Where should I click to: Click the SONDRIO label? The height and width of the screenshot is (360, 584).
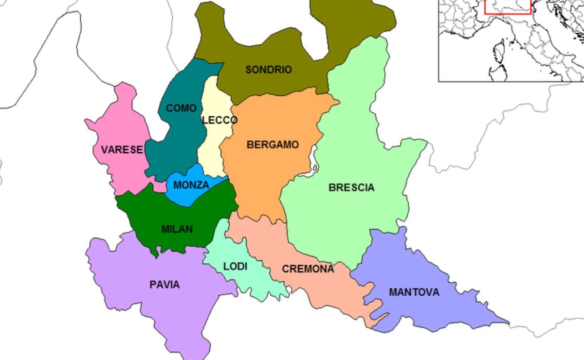click(269, 70)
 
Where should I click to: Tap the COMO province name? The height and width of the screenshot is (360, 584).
click(182, 108)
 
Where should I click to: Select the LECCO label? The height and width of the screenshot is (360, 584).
click(220, 120)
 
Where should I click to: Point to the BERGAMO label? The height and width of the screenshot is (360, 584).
click(273, 144)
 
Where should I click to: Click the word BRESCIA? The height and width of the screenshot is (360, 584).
click(351, 187)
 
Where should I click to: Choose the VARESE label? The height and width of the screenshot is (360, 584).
click(122, 150)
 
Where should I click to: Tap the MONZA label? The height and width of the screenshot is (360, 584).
click(191, 185)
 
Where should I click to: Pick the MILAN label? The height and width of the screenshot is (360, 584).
click(177, 229)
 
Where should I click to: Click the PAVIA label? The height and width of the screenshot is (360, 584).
click(164, 285)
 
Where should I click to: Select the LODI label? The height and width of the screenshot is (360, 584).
click(235, 267)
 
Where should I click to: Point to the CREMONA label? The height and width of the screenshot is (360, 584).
click(308, 269)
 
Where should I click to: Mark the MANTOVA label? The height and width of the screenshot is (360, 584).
click(414, 292)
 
